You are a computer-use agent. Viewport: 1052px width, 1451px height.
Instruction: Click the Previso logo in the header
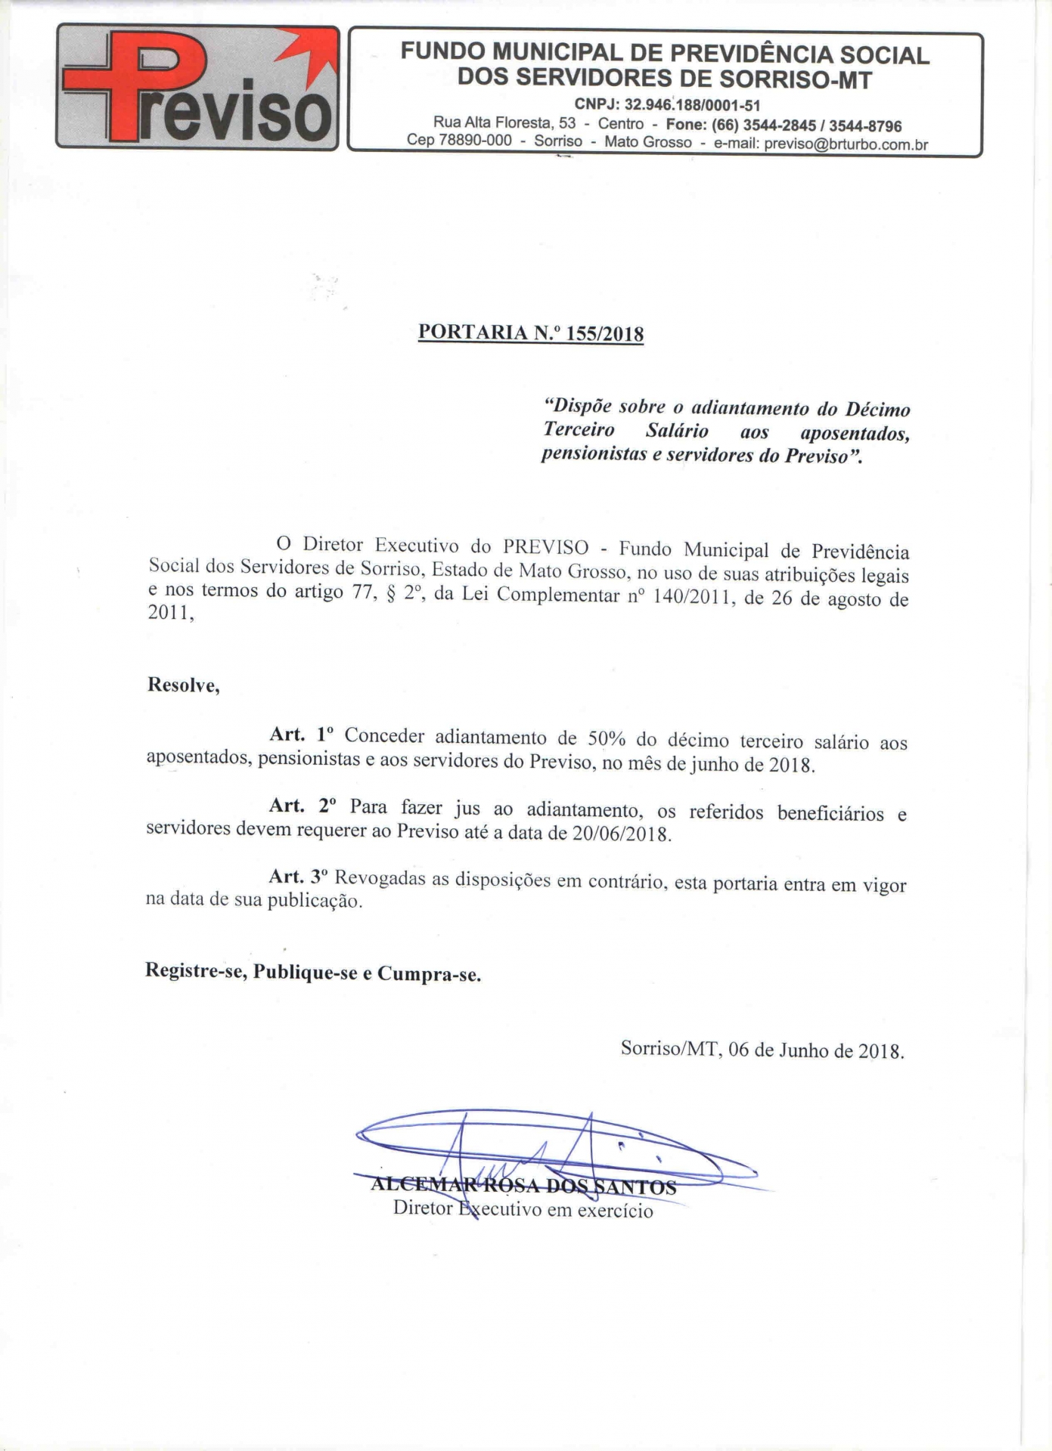point(197,88)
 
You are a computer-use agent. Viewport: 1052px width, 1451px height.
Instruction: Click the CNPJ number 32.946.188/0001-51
point(692,105)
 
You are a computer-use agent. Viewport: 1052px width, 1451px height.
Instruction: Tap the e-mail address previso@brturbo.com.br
point(846,144)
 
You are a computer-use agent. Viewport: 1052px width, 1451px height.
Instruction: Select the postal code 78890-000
point(474,141)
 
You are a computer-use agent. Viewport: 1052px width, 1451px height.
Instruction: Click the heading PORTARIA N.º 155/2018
point(531,333)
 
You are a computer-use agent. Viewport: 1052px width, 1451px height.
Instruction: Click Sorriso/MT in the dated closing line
point(669,1048)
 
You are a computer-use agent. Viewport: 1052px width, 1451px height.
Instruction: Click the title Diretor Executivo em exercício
point(523,1209)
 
